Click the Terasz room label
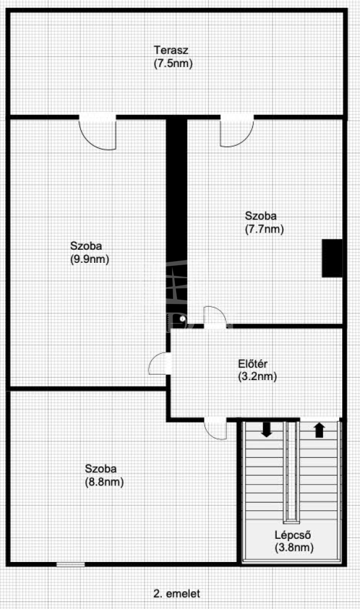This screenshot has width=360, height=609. tap(171, 51)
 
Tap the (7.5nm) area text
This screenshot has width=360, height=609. tap(173, 63)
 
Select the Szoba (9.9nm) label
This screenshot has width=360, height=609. tap(89, 252)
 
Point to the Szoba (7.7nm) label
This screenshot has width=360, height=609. tap(264, 222)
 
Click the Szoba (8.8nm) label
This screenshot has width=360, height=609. tap(104, 475)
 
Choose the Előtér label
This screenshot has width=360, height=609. tap(253, 364)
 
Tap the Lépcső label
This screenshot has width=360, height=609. tap(293, 535)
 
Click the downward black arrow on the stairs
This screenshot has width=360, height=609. tap(267, 429)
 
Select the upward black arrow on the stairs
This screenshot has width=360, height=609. tap(320, 430)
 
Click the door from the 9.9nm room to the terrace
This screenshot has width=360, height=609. tap(98, 133)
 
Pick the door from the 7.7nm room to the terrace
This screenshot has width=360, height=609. tap(237, 131)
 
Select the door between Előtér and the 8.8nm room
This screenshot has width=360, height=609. tap(215, 428)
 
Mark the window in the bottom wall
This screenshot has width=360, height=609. tap(70, 564)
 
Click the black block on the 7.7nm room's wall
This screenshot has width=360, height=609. tap(332, 258)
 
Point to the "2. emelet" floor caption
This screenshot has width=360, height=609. tap(177, 594)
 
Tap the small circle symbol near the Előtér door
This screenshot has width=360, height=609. tap(183, 319)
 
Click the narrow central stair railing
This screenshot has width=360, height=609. tap(291, 471)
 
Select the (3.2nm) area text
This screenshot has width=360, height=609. tap(258, 376)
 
